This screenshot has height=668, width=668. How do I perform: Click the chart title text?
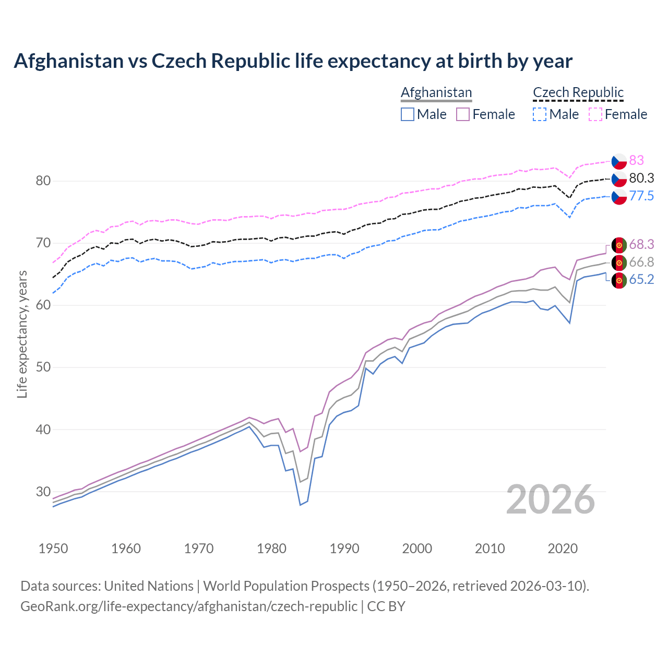[x=293, y=61]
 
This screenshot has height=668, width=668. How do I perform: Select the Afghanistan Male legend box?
[x=408, y=114]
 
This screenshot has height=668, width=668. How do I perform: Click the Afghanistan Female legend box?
[x=463, y=114]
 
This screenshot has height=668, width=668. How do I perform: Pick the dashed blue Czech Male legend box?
[x=540, y=114]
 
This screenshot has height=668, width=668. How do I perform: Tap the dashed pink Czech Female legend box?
[x=595, y=114]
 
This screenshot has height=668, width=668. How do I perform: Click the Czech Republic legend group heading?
[x=578, y=92]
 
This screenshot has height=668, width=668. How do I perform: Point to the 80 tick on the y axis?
[x=43, y=181]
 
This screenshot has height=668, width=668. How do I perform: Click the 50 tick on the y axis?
[x=43, y=367]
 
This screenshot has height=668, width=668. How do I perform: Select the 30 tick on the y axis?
[x=43, y=492]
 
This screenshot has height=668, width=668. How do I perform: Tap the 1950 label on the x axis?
[x=53, y=548]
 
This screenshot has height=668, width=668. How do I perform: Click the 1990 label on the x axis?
[x=344, y=548]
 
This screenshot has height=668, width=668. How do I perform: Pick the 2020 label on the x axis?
[x=563, y=548]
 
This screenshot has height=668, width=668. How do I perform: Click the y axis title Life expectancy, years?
[x=22, y=334]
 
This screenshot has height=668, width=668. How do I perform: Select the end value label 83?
[x=636, y=160]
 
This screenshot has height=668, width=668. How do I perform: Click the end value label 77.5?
[x=641, y=196]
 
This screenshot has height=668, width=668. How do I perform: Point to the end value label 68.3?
[x=641, y=244]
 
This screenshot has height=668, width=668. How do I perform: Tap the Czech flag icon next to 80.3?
[x=619, y=178]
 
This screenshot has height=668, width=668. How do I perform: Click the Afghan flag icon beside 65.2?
[x=619, y=280]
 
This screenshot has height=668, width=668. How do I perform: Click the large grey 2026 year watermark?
[x=551, y=499]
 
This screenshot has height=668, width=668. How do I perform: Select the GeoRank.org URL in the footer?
[x=188, y=606]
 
